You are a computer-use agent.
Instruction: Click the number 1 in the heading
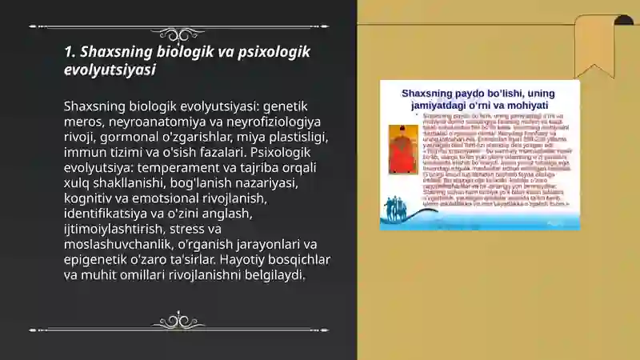[x=69, y=52]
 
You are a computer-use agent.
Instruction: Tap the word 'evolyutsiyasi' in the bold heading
[x=110, y=70]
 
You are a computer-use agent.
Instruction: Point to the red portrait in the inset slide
[x=398, y=149]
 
